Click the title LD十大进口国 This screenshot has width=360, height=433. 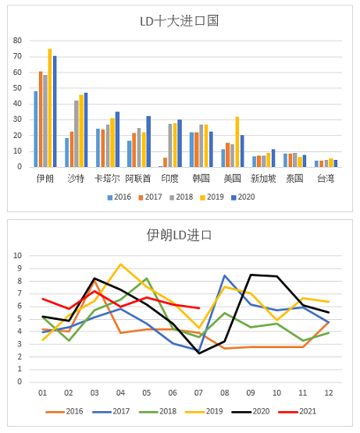coord(180,21)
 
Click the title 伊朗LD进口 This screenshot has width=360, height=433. coord(179,236)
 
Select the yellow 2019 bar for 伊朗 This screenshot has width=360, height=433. coord(50,108)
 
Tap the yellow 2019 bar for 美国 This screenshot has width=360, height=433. coord(237,142)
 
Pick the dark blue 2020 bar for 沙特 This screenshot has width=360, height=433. coord(86,130)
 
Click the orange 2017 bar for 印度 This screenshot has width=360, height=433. coord(165,162)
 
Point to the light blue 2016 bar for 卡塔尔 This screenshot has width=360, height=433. coord(98,147)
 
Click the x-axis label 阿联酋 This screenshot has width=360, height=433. coord(138,179)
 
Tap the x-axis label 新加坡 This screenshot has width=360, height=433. coord(263,179)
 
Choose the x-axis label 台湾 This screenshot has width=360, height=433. coord(326,179)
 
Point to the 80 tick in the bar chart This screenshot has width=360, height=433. coord(17,41)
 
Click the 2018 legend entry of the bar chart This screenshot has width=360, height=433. coord(181,197)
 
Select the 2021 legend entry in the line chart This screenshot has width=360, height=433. coord(298,411)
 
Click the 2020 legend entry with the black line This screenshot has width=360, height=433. coord(251,411)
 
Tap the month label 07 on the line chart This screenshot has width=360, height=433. coord(198,392)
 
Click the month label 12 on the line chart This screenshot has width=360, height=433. coord(329,392)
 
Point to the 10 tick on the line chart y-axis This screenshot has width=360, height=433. coord(17,256)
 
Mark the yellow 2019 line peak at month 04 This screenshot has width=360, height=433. coord(120,264)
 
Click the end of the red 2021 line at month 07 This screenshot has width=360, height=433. coord(199,308)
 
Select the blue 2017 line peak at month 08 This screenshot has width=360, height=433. coord(225,275)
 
